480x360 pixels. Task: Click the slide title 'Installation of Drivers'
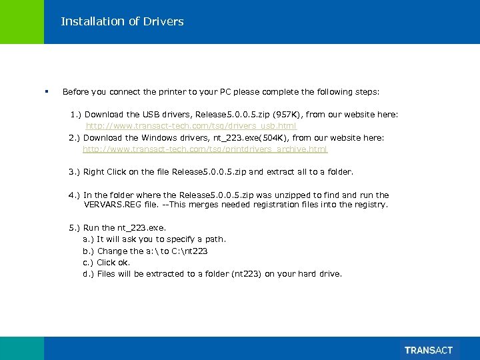pos(122,21)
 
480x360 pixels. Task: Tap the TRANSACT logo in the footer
pos(428,350)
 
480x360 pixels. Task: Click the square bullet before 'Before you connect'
pos(47,91)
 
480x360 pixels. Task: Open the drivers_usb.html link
pos(191,126)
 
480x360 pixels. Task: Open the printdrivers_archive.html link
pos(205,149)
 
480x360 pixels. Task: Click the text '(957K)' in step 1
pos(288,115)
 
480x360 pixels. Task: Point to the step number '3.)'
pos(74,172)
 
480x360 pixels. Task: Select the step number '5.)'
pos(74,228)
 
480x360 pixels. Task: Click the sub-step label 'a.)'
pos(88,239)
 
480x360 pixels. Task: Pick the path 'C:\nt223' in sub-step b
pos(189,251)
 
